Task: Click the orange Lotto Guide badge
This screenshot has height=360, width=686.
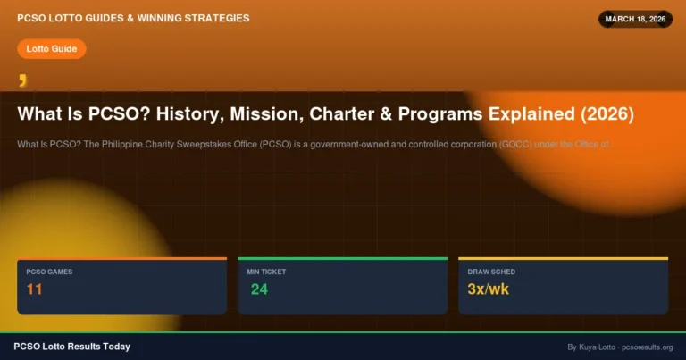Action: click(51, 48)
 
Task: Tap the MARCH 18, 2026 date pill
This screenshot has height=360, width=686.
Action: click(635, 19)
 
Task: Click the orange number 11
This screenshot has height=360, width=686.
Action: click(35, 289)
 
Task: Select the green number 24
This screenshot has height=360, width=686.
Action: click(259, 289)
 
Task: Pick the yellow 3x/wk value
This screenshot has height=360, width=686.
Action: click(485, 289)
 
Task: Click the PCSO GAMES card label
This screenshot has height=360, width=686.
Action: click(49, 272)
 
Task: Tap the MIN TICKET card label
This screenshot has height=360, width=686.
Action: click(266, 272)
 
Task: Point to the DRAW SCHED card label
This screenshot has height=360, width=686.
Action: click(491, 272)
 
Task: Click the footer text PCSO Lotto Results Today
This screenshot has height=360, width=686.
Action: click(71, 347)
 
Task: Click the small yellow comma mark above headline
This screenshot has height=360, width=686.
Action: click(22, 81)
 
